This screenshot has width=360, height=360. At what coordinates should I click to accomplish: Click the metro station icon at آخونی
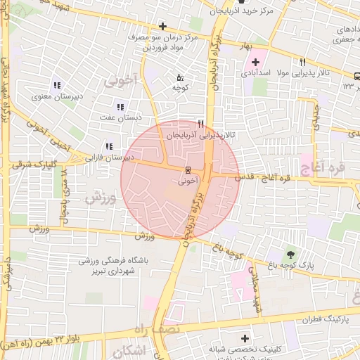pos(188,170)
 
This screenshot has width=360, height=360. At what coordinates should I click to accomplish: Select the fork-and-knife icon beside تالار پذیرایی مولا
pos(302,62)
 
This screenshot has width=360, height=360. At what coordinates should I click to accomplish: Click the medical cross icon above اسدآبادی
pos(255,62)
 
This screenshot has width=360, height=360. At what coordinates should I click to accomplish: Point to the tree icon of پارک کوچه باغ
pos(290,255)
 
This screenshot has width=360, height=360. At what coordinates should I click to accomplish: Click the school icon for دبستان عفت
pos(120,107)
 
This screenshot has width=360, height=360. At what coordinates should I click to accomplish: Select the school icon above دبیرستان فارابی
pos(108,147)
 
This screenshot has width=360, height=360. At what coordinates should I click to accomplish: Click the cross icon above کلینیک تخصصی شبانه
pos(245,339)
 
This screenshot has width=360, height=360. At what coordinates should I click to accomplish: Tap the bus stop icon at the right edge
pos(356,75)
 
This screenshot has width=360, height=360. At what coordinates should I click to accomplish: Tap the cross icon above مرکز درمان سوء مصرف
pos(162,27)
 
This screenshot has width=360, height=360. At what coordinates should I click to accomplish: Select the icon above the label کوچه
pos(180,77)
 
